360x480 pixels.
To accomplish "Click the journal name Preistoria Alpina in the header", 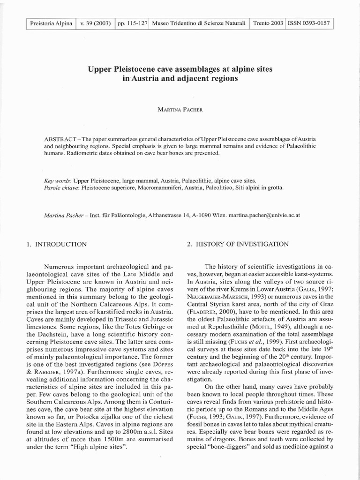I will point(51,23).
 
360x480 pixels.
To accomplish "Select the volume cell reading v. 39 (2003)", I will point(95,23).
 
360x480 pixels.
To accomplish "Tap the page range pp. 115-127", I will point(131,23).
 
